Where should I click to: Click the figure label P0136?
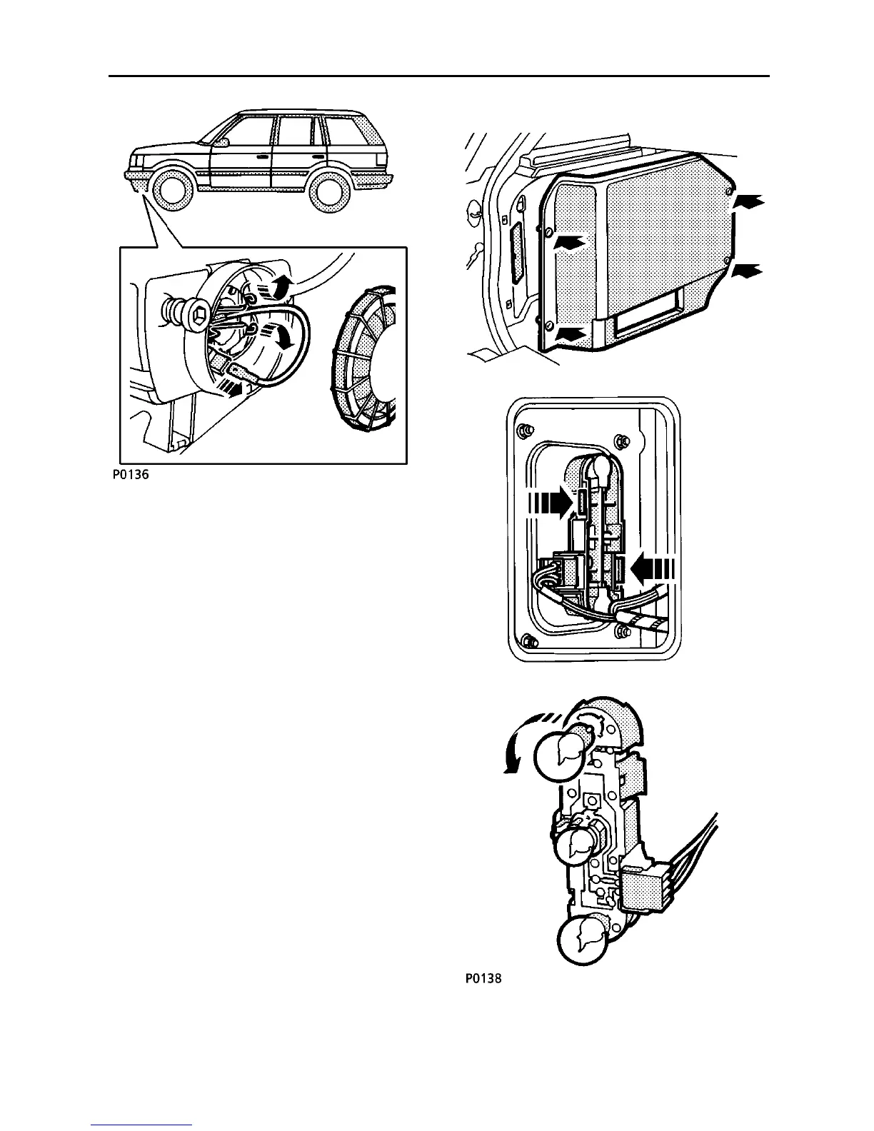point(129,474)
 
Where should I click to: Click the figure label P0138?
point(483,979)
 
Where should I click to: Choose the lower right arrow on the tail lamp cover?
point(749,271)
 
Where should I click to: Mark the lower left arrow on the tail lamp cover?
point(573,333)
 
